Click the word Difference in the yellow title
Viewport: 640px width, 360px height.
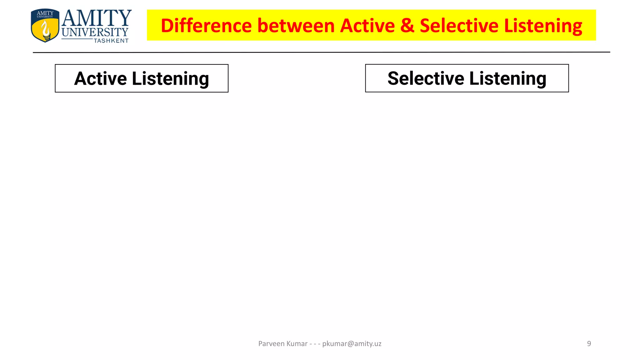206,26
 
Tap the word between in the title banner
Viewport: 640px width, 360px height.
296,26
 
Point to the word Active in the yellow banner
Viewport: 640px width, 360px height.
367,26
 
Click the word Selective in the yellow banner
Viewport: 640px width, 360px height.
459,26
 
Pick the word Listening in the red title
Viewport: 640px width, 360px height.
543,26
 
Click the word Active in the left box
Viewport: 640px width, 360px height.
100,78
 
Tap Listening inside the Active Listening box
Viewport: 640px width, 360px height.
170,79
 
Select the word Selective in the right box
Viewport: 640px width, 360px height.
426,78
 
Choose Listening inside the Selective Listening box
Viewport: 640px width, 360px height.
508,79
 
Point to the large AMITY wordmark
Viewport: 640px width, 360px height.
97,18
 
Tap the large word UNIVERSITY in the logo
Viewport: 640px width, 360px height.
95,32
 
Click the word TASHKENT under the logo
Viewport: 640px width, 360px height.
111,41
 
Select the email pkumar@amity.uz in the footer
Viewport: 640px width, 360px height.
352,344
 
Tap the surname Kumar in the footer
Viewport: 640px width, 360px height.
297,344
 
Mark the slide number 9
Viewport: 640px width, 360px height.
589,344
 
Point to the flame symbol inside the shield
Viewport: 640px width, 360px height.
46,30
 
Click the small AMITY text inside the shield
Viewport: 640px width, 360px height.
45,13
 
